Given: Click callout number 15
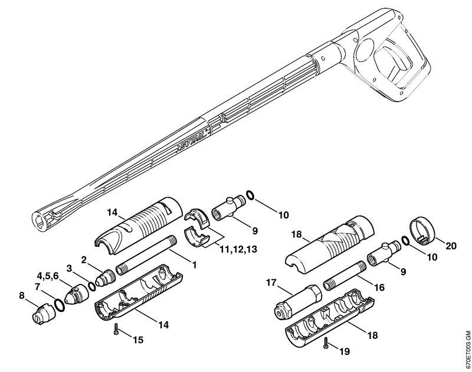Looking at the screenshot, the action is pyautogui.click(x=138, y=340).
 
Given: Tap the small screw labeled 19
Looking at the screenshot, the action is pyautogui.click(x=326, y=343).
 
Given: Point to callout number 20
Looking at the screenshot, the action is pyautogui.click(x=450, y=246).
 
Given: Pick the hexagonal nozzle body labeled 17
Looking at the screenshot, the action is pyautogui.click(x=298, y=303).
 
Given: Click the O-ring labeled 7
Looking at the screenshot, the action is pyautogui.click(x=60, y=305).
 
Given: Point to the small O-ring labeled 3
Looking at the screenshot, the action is pyautogui.click(x=92, y=286).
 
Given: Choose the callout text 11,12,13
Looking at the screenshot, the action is pyautogui.click(x=239, y=250).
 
